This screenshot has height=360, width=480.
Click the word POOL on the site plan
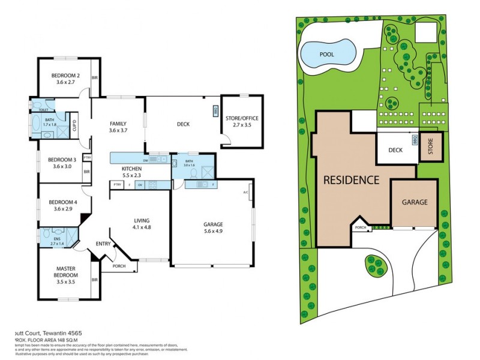coord(326,54)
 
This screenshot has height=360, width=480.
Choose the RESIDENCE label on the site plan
coord(351,179)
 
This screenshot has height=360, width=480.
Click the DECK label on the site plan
coord(395,151)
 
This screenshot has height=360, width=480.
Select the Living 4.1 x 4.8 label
coord(141,224)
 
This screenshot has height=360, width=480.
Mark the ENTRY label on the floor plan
coord(103,244)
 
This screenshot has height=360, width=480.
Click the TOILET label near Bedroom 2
coord(43,110)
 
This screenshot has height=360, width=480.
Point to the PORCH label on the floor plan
coord(119,265)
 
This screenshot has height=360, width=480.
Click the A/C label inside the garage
coord(245,192)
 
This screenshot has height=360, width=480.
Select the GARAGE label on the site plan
coord(415,202)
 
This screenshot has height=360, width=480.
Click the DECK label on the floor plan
coord(183,124)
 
